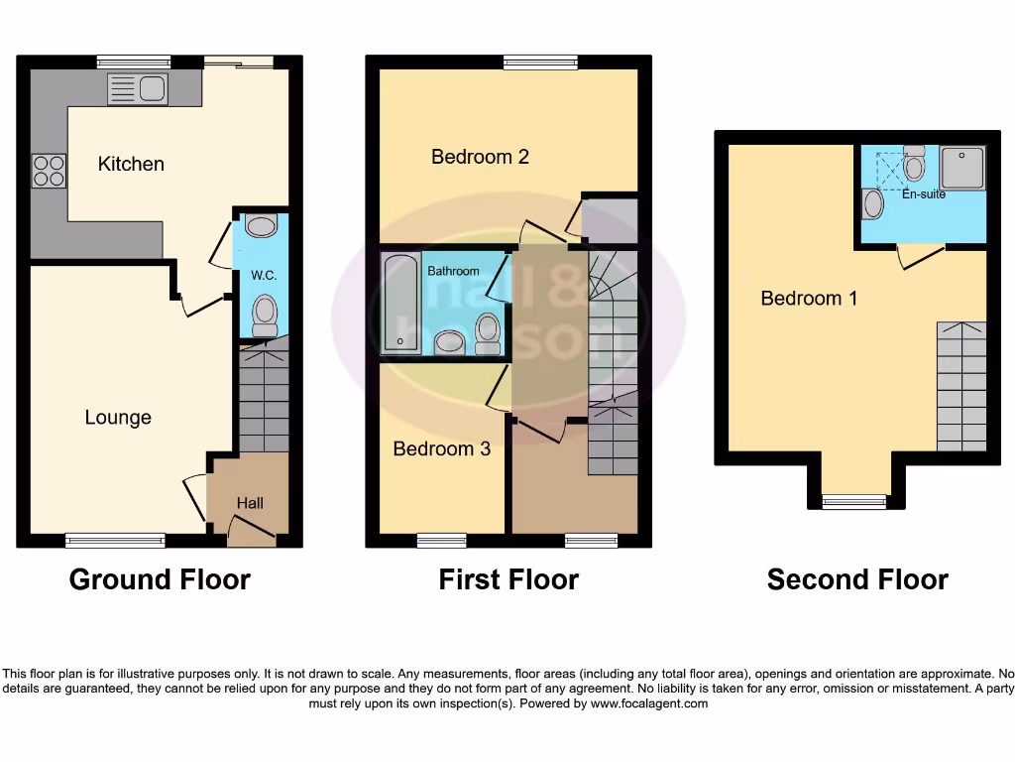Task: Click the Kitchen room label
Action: click(131, 164)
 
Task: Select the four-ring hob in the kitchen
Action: click(49, 172)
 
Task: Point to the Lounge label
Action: click(118, 418)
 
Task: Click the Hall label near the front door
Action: click(250, 504)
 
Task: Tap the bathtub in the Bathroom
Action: click(400, 303)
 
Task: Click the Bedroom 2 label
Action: click(480, 157)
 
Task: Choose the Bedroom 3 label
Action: click(441, 448)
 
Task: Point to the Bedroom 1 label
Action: click(809, 298)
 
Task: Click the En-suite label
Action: click(923, 194)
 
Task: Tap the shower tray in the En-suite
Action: click(961, 168)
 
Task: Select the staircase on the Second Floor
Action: click(961, 386)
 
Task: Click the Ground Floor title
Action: click(160, 579)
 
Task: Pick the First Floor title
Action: click(508, 579)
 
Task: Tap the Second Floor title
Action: click(857, 579)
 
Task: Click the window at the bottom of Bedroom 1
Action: click(855, 502)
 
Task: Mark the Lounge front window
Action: click(115, 541)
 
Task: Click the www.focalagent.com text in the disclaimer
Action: click(649, 703)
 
